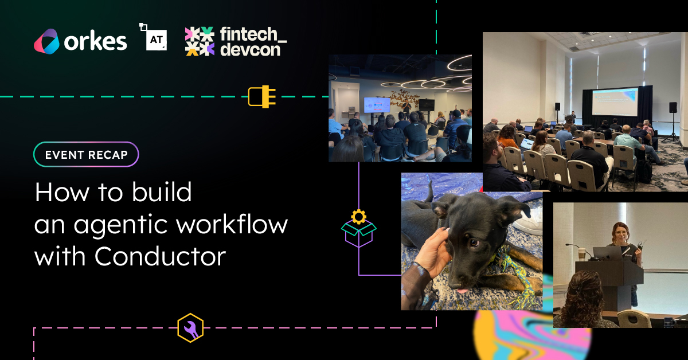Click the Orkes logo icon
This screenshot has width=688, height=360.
click(x=46, y=41)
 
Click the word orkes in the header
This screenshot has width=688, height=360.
click(x=95, y=41)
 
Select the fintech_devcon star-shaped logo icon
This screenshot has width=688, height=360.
click(x=200, y=41)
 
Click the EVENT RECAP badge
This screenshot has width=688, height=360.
click(x=87, y=154)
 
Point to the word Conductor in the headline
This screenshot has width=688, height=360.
click(x=161, y=256)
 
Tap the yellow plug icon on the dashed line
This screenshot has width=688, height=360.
click(x=261, y=96)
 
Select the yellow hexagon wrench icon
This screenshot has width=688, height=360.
click(x=190, y=328)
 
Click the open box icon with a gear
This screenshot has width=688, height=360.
click(x=359, y=229)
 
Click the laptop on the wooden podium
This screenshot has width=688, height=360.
click(x=608, y=253)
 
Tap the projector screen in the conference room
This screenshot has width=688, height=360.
click(x=615, y=101)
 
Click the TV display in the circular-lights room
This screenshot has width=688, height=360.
click(x=377, y=105)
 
